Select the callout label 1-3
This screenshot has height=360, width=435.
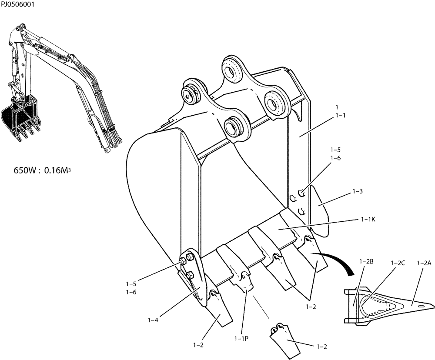[358, 191]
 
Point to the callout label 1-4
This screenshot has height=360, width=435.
[153, 320]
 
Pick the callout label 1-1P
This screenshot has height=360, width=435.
[241, 338]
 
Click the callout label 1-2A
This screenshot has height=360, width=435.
[424, 263]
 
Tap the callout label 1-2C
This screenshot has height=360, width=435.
[398, 263]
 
